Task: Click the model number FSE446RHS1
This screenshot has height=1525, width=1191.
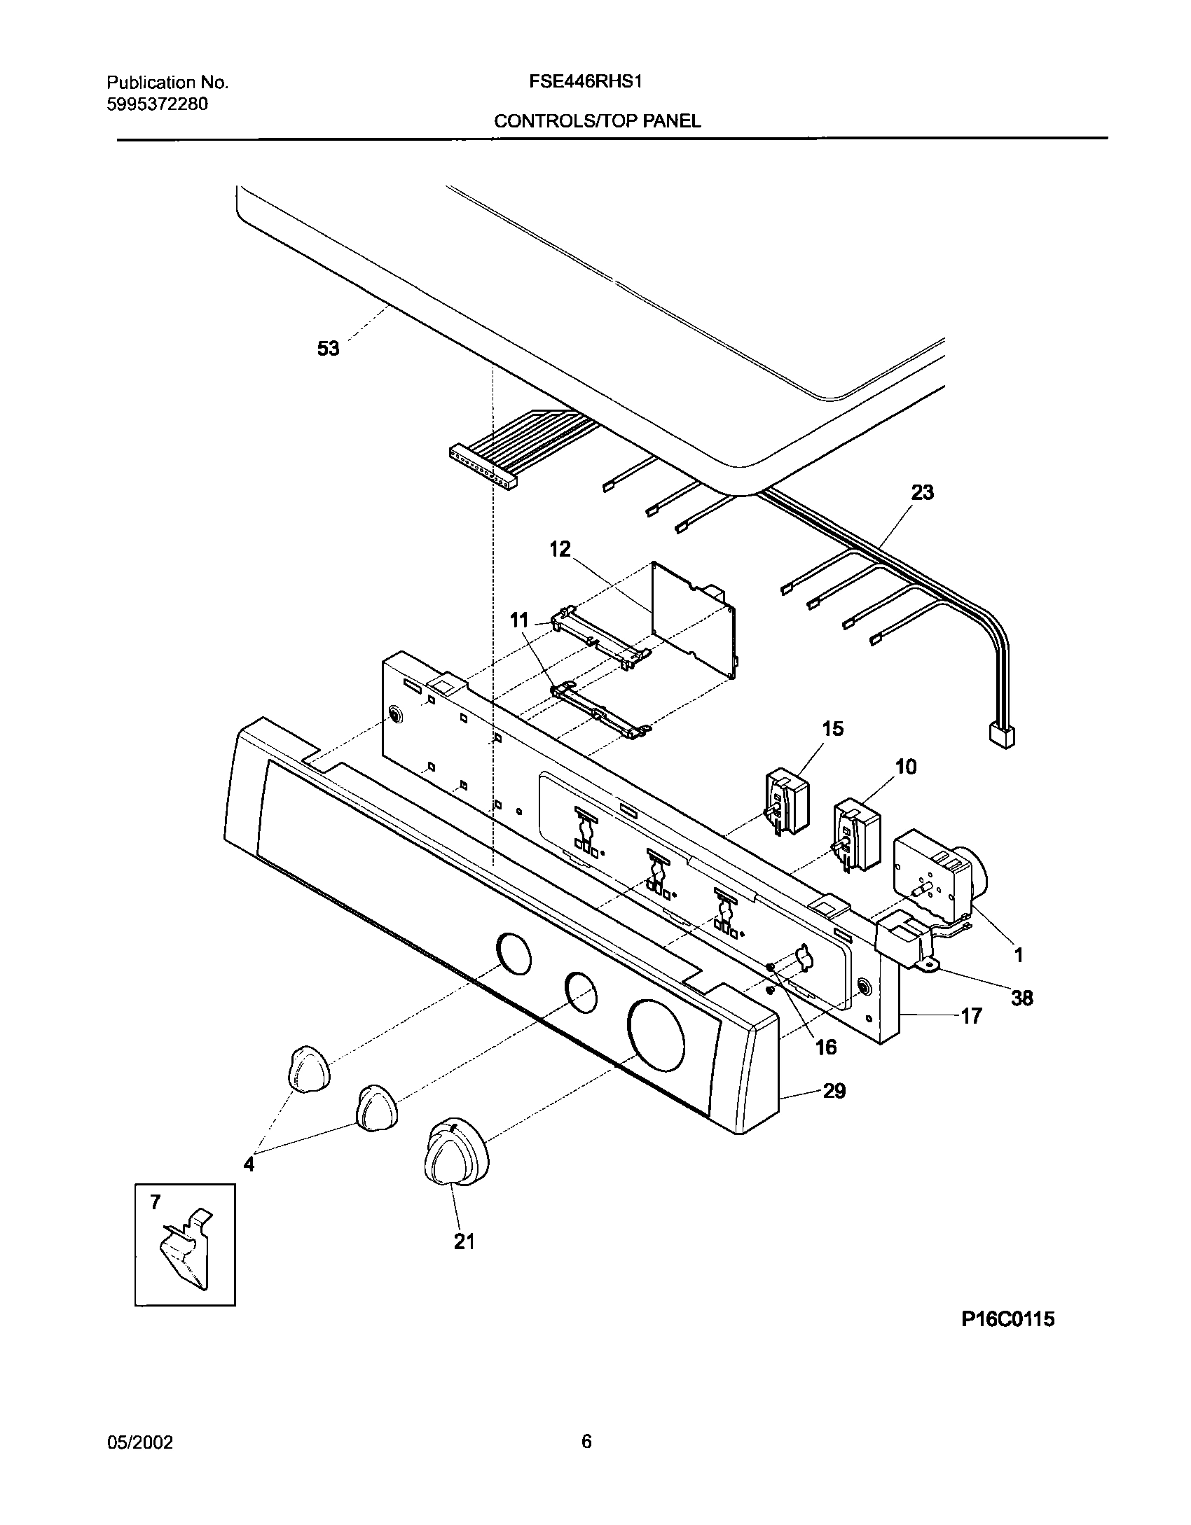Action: point(586,82)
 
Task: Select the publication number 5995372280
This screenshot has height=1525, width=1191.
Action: point(157,104)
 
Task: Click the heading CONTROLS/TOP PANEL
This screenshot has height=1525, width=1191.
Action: point(597,121)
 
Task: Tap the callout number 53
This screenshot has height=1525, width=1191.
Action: point(328,348)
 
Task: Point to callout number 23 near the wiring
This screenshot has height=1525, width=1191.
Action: point(922,492)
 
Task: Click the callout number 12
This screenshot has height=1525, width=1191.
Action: point(560,549)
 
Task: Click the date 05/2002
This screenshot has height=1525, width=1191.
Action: point(140,1442)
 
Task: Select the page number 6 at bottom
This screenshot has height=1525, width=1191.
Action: point(586,1442)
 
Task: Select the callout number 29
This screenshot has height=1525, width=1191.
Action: point(834,1091)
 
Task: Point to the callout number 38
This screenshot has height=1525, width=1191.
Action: point(1021,998)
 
